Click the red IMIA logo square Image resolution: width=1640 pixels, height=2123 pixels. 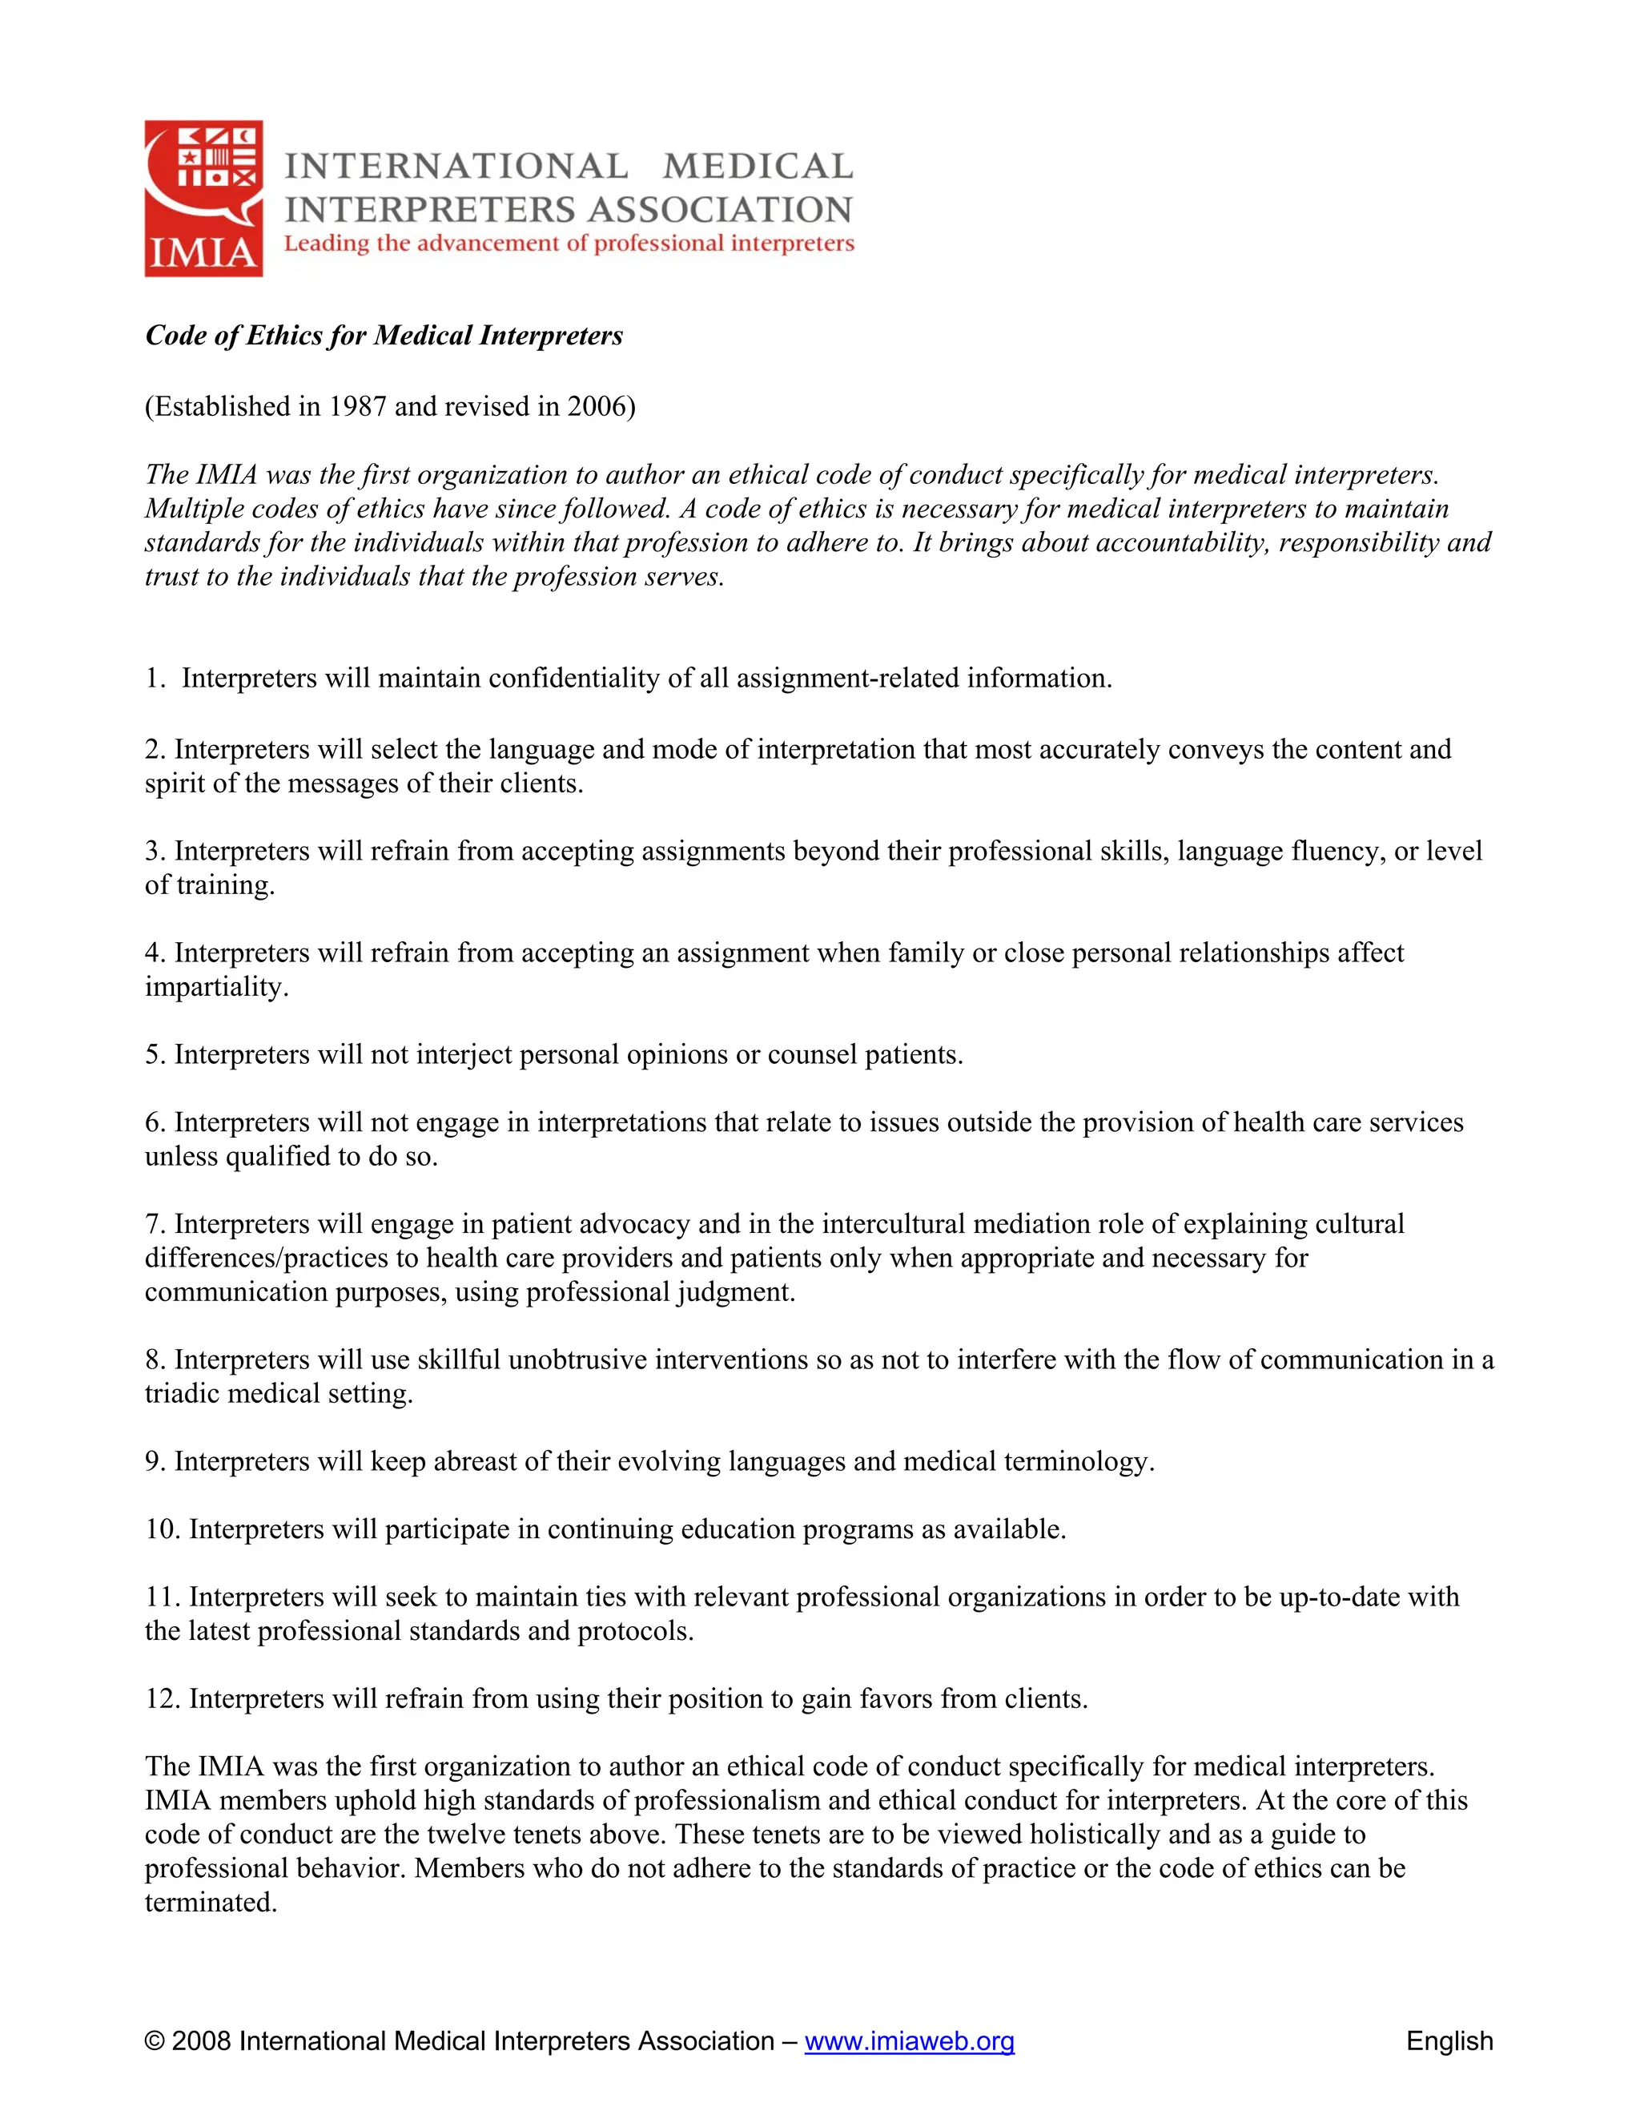pyautogui.click(x=204, y=199)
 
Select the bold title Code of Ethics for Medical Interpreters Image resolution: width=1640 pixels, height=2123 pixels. pyautogui.click(x=384, y=336)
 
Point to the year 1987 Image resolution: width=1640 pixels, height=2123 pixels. pyautogui.click(x=356, y=406)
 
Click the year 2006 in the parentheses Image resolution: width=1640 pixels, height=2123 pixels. pyautogui.click(x=597, y=406)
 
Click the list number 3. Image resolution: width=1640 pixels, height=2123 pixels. pyautogui.click(x=154, y=852)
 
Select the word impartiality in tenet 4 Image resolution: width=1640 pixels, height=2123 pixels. pyautogui.click(x=215, y=987)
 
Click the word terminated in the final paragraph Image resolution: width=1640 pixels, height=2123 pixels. pyautogui.click(x=210, y=1903)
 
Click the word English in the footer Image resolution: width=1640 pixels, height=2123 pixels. pyautogui.click(x=1449, y=2041)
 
